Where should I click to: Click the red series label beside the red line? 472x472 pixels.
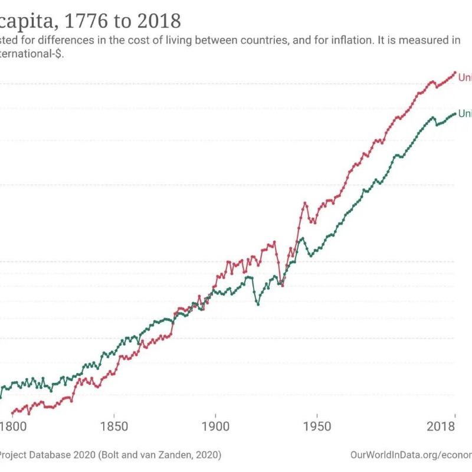pyautogui.click(x=464, y=78)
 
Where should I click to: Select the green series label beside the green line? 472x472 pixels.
pyautogui.click(x=464, y=114)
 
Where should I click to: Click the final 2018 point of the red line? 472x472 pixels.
pyautogui.click(x=455, y=73)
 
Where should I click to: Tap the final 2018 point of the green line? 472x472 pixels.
pyautogui.click(x=455, y=114)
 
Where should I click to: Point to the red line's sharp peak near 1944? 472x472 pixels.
pyautogui.click(x=305, y=203)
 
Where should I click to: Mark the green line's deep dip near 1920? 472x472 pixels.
pyautogui.click(x=257, y=304)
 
